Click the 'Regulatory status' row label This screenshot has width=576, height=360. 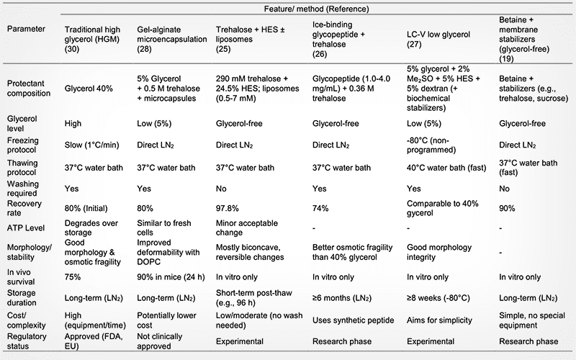pos(27,341)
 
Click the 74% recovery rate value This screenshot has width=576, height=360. pos(318,209)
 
